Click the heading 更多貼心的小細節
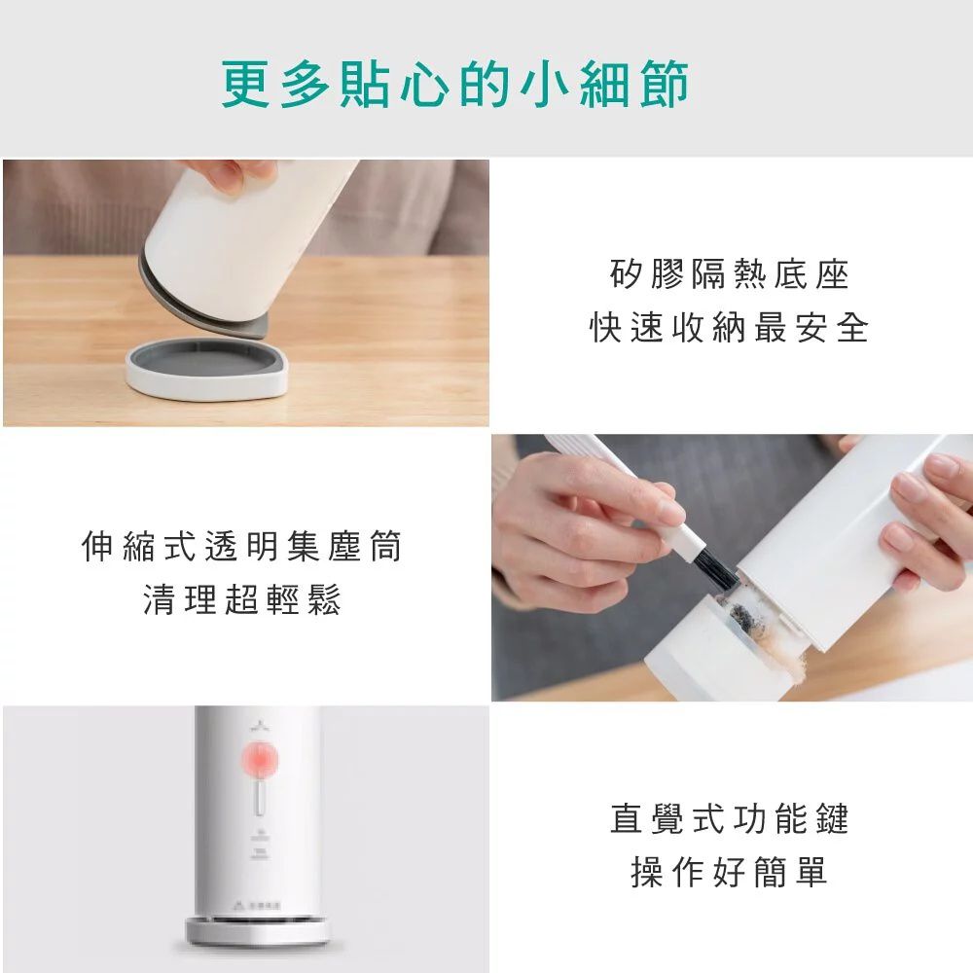(x=454, y=85)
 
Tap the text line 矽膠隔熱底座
(x=729, y=276)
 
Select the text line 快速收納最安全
(x=729, y=328)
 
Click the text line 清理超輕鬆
(x=242, y=601)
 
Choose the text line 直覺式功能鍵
(x=729, y=818)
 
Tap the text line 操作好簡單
(x=729, y=871)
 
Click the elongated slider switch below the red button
(x=260, y=801)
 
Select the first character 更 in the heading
(x=242, y=85)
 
